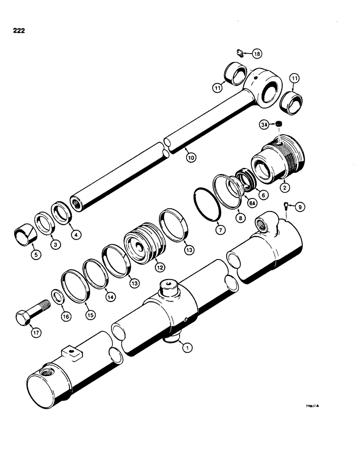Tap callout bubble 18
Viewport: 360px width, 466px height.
coord(257,55)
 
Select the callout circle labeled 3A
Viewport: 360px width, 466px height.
coord(264,125)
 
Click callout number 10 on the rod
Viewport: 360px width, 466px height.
coord(190,157)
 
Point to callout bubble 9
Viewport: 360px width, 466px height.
coord(299,206)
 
